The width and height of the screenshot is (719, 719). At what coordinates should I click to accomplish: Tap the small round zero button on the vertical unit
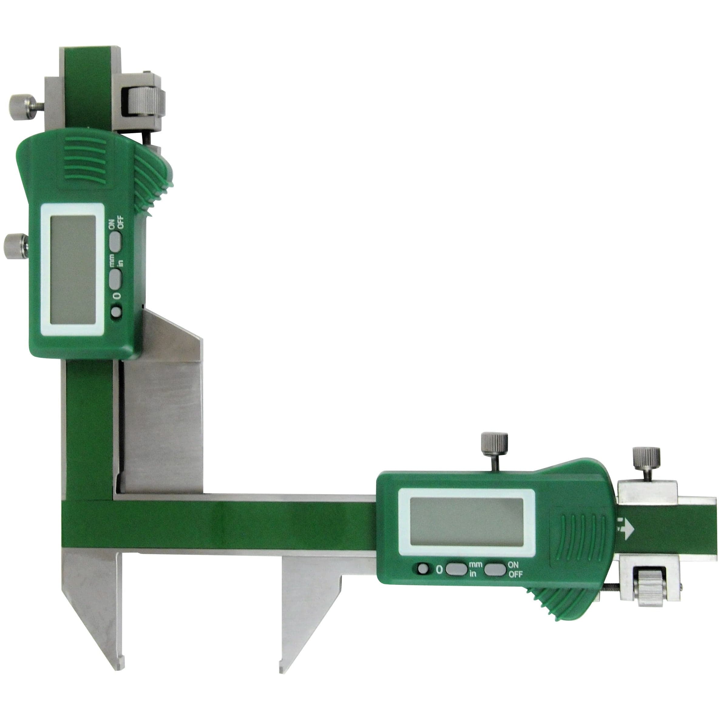(x=117, y=312)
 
